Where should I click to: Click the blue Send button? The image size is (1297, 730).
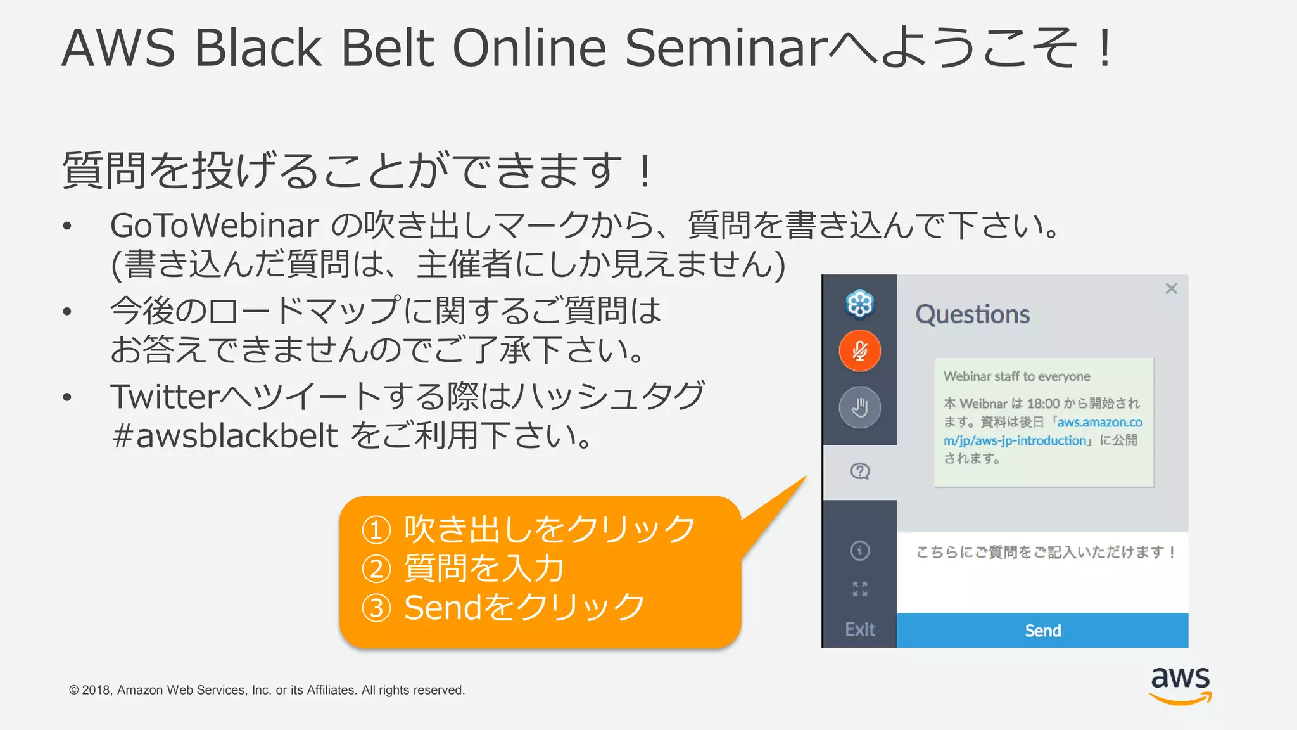[x=1042, y=631]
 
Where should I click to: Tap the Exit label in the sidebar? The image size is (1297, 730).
[x=859, y=629]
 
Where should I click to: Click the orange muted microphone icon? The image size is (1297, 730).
[x=859, y=350]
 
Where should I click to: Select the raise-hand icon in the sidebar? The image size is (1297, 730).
[x=859, y=407]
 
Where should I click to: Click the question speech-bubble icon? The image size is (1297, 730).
[x=859, y=471]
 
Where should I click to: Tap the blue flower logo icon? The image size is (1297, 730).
[x=859, y=304]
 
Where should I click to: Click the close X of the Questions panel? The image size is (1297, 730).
[x=1171, y=289]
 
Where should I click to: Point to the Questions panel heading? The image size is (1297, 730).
[x=972, y=314]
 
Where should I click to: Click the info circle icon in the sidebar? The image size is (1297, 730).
[x=859, y=551]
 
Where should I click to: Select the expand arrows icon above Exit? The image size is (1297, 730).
[x=859, y=589]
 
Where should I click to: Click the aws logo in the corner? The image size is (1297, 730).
[x=1180, y=684]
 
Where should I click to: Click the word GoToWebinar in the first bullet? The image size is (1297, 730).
[x=214, y=226]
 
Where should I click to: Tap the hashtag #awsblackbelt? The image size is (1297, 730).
[x=224, y=435]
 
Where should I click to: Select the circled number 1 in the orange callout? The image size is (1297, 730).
[x=376, y=530]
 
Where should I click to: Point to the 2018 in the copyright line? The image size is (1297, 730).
[x=96, y=690]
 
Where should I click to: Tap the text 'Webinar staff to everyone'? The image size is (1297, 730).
[x=1016, y=376]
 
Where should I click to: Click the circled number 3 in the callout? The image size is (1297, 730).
[x=376, y=608]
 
